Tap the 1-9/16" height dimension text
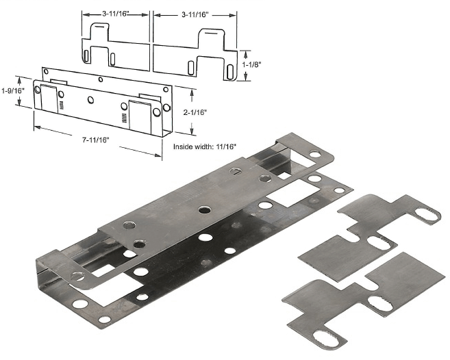[x=13, y=90]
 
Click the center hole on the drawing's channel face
[x=91, y=99]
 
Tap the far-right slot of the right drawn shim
[x=229, y=71]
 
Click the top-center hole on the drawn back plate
[x=101, y=79]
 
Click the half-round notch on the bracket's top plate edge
[x=235, y=171]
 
